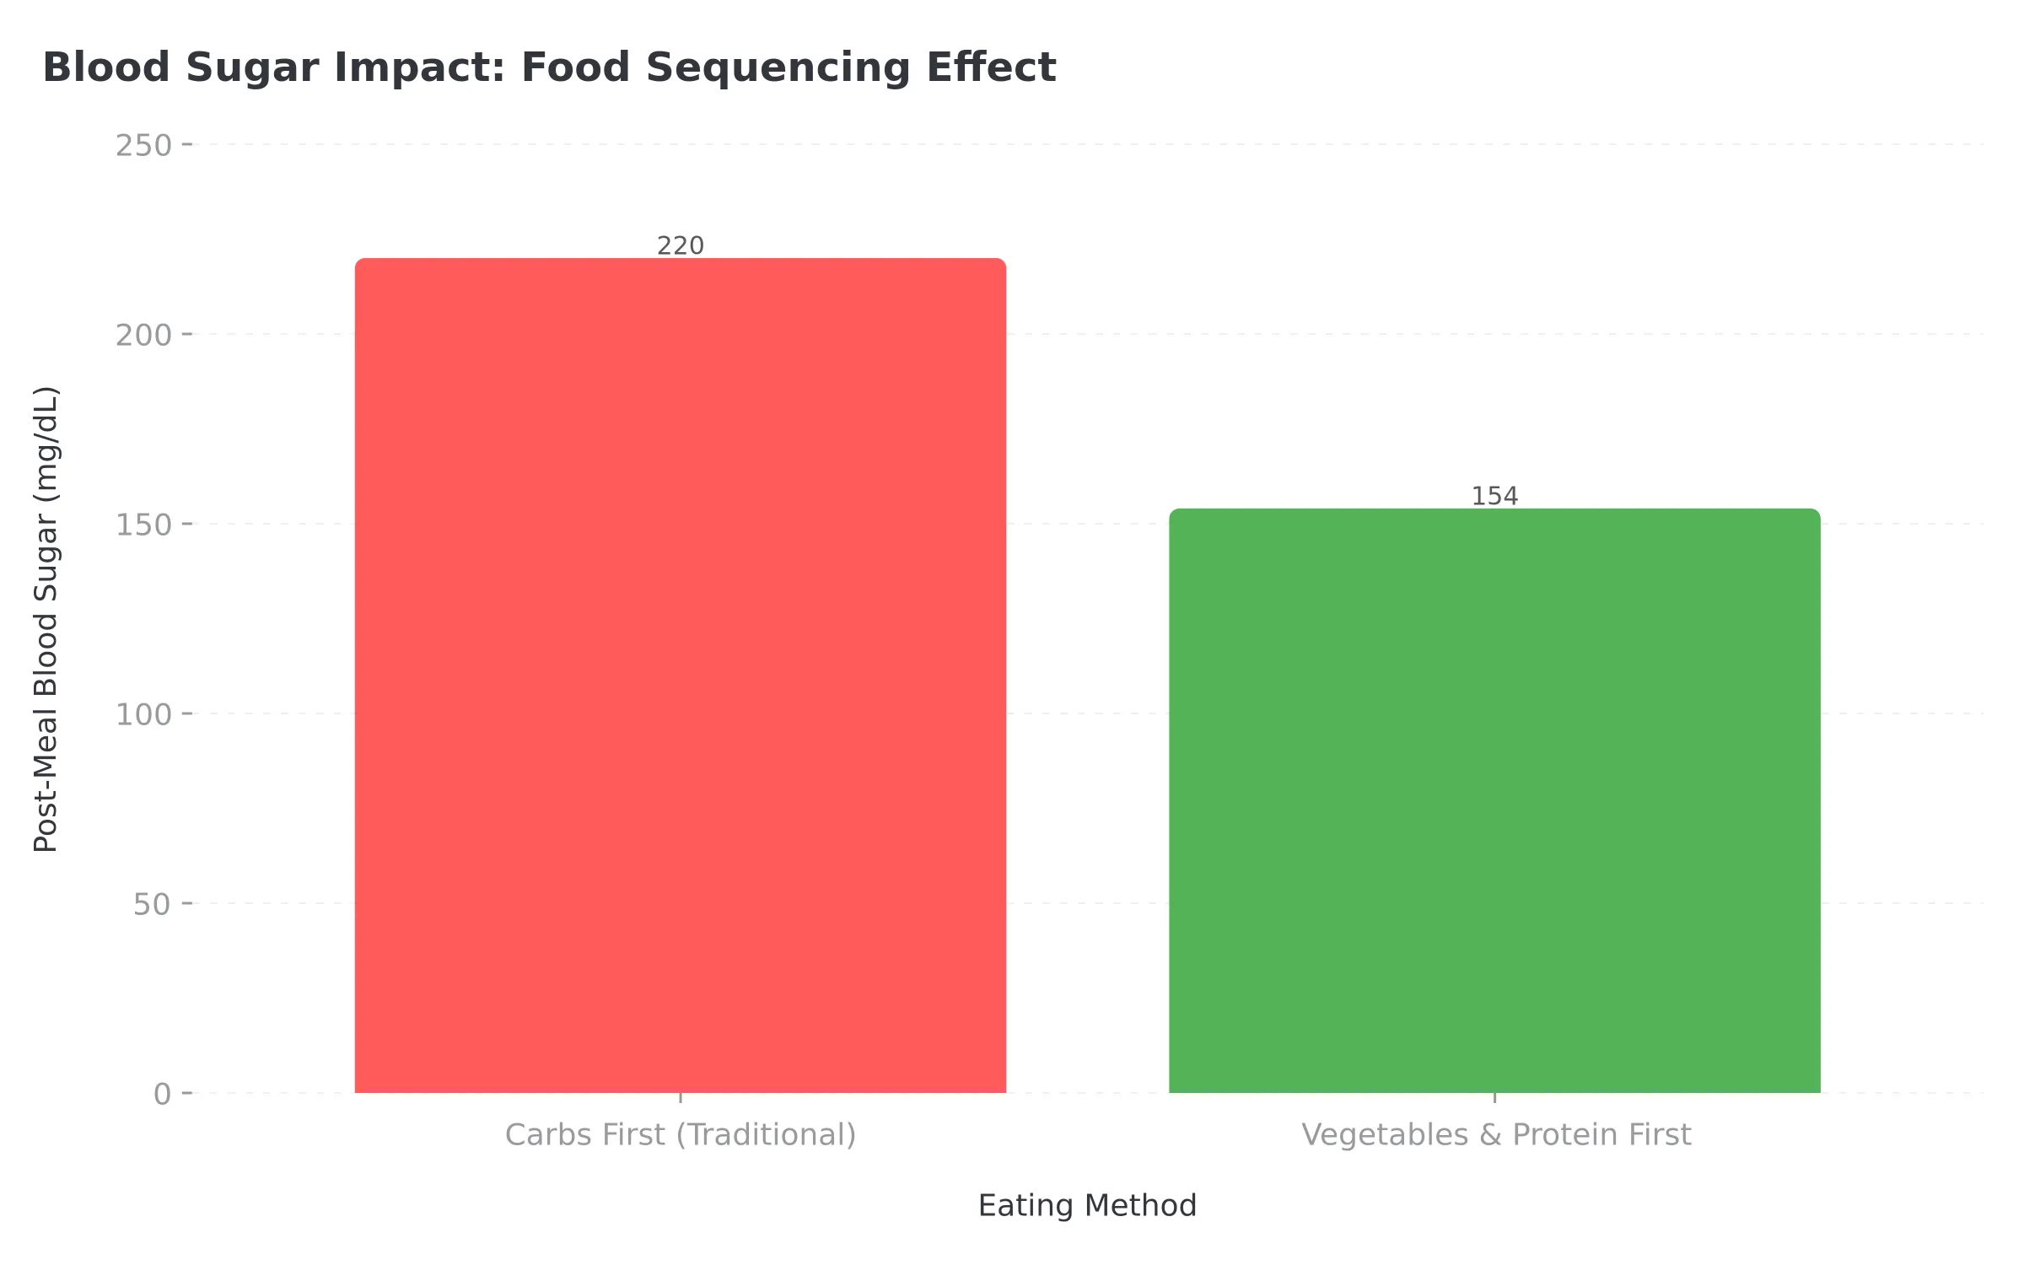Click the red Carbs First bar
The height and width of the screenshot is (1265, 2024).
coord(680,675)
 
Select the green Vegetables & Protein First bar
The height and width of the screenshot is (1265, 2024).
coord(1494,801)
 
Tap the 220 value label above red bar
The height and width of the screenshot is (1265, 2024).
coord(680,245)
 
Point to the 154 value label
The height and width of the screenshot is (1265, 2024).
coord(1494,496)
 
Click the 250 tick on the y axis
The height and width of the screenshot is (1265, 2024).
coord(143,145)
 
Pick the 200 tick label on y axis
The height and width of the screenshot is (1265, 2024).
coord(143,335)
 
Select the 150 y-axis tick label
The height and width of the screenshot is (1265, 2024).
coord(143,525)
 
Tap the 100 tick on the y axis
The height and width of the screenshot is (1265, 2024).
coord(143,714)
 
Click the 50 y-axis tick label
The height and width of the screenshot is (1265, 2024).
coord(152,904)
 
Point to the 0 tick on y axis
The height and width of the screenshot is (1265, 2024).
coord(162,1094)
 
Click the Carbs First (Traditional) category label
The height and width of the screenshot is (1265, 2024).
coord(680,1134)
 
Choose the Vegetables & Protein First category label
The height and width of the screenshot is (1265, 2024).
coord(1495,1134)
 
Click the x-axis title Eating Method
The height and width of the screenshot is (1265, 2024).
coord(1087,1205)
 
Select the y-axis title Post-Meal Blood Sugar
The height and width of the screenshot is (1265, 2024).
coord(46,619)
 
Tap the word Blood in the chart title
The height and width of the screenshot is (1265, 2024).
coord(106,67)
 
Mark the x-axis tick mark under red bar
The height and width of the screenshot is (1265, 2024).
coord(680,1097)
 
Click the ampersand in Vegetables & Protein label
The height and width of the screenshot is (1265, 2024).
coord(1490,1134)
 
